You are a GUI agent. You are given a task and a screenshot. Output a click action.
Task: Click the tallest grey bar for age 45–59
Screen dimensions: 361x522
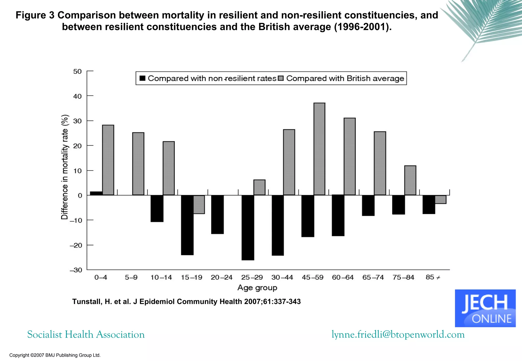click(x=319, y=149)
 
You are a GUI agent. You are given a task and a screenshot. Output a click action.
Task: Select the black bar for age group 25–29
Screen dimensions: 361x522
click(x=248, y=227)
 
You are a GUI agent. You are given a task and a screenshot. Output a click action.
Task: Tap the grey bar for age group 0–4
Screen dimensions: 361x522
click(x=108, y=160)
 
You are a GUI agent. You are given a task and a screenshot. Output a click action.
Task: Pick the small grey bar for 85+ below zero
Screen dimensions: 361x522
click(x=440, y=199)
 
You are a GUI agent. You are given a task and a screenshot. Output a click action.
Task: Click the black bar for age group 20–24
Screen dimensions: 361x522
click(x=217, y=214)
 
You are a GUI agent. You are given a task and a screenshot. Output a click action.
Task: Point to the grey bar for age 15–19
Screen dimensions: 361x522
click(x=199, y=204)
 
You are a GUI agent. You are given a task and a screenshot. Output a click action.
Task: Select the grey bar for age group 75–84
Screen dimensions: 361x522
click(x=410, y=180)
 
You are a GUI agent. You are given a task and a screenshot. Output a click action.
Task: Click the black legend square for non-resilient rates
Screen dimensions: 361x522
click(x=142, y=78)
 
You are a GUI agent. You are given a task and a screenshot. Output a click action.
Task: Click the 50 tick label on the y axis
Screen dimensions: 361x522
click(x=77, y=71)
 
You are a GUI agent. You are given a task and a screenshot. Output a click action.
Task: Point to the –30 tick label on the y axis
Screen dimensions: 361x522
click(x=76, y=270)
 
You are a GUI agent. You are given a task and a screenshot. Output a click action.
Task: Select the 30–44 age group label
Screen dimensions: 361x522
click(x=282, y=277)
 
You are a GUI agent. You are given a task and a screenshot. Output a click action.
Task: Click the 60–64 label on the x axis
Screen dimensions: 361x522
click(x=343, y=277)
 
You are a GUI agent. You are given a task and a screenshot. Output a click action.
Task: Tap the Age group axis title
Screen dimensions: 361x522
click(x=257, y=288)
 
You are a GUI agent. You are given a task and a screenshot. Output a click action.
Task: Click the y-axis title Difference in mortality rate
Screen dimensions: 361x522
click(x=65, y=167)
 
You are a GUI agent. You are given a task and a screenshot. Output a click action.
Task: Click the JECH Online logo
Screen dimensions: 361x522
click(x=485, y=308)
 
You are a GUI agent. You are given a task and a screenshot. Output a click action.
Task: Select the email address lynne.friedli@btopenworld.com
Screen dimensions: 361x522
click(x=398, y=334)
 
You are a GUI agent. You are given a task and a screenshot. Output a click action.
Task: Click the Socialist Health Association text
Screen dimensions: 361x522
click(x=86, y=334)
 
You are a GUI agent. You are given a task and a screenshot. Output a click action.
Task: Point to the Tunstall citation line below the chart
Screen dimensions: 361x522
click(x=186, y=301)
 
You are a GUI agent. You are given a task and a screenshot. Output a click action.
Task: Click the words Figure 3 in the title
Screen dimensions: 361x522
click(x=35, y=15)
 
